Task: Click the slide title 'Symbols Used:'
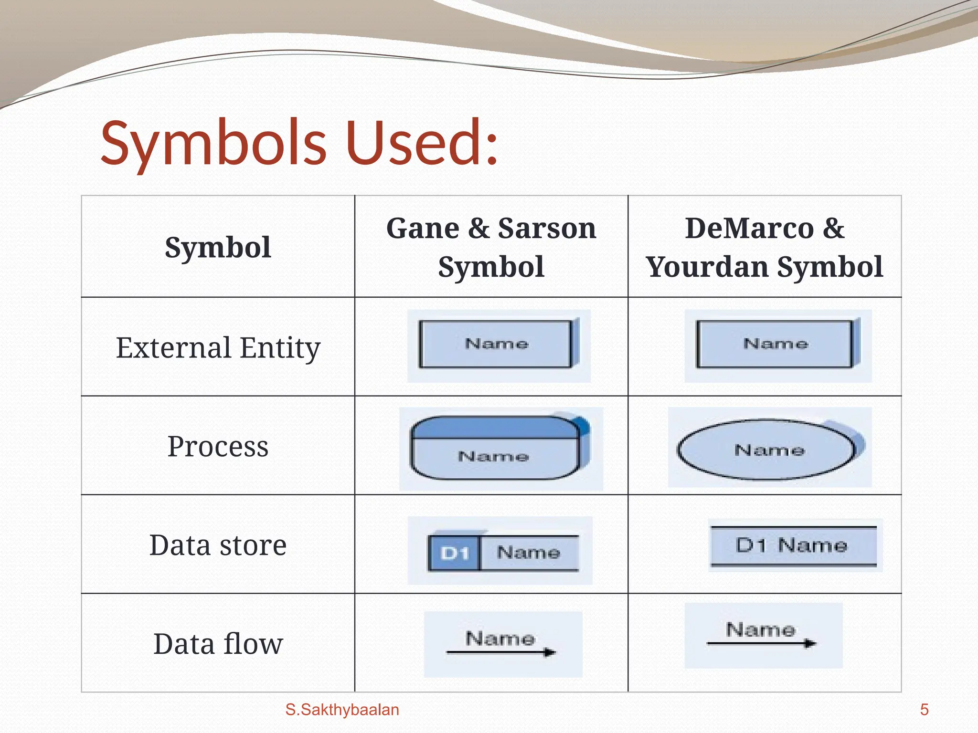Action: (299, 143)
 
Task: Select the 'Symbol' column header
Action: (218, 247)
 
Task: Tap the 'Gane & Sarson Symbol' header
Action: (491, 247)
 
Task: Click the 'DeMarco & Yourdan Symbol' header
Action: (765, 247)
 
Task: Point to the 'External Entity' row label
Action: (218, 347)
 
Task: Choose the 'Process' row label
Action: (218, 446)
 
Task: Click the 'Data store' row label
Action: (218, 545)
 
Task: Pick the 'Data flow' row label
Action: (218, 644)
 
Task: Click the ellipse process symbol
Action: (766, 450)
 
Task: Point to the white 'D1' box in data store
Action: (454, 553)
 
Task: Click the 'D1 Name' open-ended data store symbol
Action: (793, 545)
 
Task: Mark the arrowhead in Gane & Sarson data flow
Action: (550, 652)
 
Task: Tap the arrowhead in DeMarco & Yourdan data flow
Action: (810, 643)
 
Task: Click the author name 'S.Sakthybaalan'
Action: (342, 710)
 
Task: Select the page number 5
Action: (924, 710)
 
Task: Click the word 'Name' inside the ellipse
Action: (769, 450)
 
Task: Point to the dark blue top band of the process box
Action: (494, 428)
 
